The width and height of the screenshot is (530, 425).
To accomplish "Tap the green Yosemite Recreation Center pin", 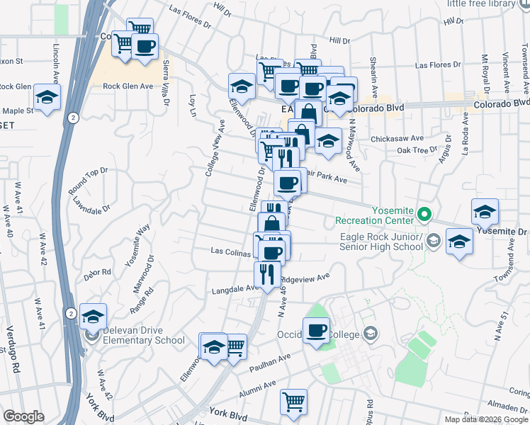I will tap(424, 213).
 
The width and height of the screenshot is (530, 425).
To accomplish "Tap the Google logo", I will tap(24, 416).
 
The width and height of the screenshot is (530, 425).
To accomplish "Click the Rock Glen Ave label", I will tap(128, 86).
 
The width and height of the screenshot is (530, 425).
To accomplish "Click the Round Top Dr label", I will tap(88, 181).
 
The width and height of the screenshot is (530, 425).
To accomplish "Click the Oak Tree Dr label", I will tap(417, 150).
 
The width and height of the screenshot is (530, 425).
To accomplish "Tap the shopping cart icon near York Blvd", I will tap(293, 401).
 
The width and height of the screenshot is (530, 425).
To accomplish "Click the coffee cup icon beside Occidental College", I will tap(316, 330).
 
